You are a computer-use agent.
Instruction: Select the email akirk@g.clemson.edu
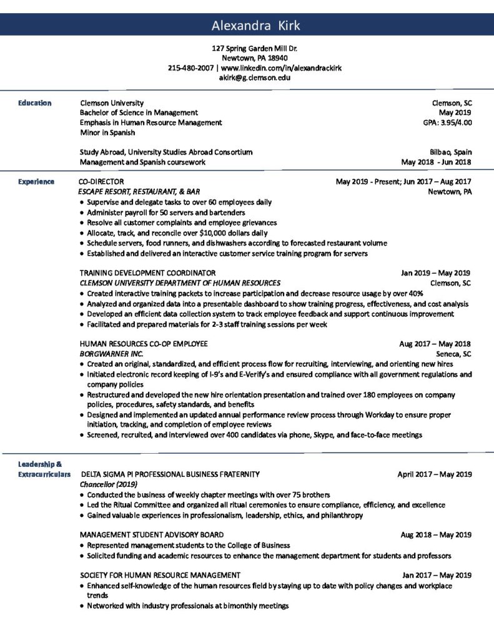coord(247,78)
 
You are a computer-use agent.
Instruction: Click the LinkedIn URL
coord(281,67)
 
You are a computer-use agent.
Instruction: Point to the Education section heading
coord(34,102)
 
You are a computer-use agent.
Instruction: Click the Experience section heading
coord(36,182)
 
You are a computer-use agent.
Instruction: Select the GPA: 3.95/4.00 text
coord(447,122)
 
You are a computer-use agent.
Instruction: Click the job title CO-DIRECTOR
coord(102,182)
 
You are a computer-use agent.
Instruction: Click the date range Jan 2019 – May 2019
coord(435,273)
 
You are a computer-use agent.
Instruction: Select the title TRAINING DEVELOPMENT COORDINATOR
coord(148,273)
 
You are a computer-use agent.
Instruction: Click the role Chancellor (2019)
coord(109,484)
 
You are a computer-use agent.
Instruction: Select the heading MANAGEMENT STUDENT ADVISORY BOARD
coord(152,535)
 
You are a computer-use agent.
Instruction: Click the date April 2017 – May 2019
coord(434,474)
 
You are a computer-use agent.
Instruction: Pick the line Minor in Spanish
coord(107,132)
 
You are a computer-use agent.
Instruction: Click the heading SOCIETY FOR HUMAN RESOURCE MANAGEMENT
coord(161,575)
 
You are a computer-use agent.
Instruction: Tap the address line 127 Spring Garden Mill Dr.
coord(247,48)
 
